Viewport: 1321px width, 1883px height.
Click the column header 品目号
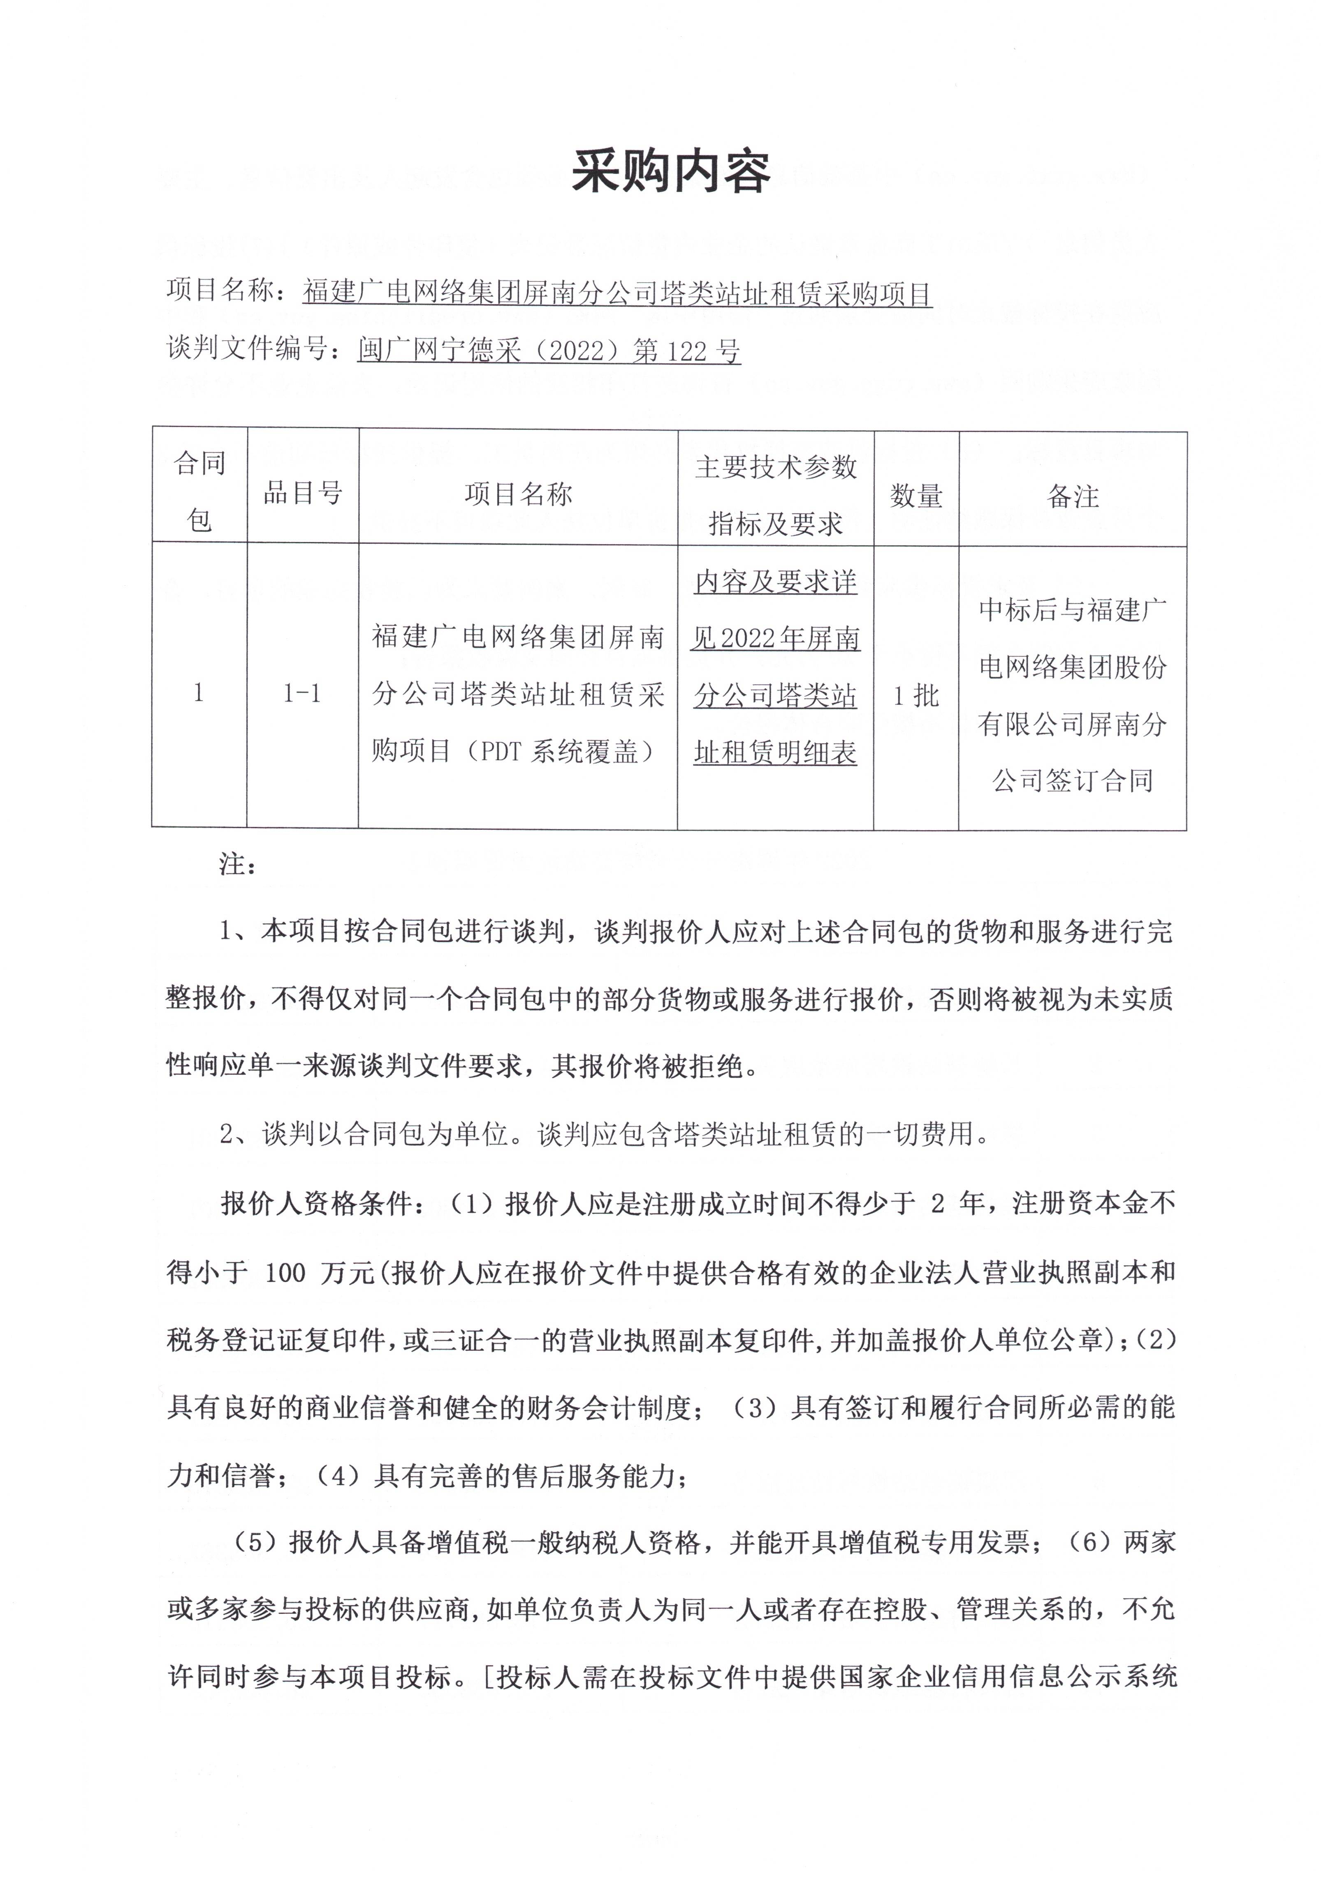(302, 493)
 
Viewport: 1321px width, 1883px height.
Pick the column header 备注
(1073, 495)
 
